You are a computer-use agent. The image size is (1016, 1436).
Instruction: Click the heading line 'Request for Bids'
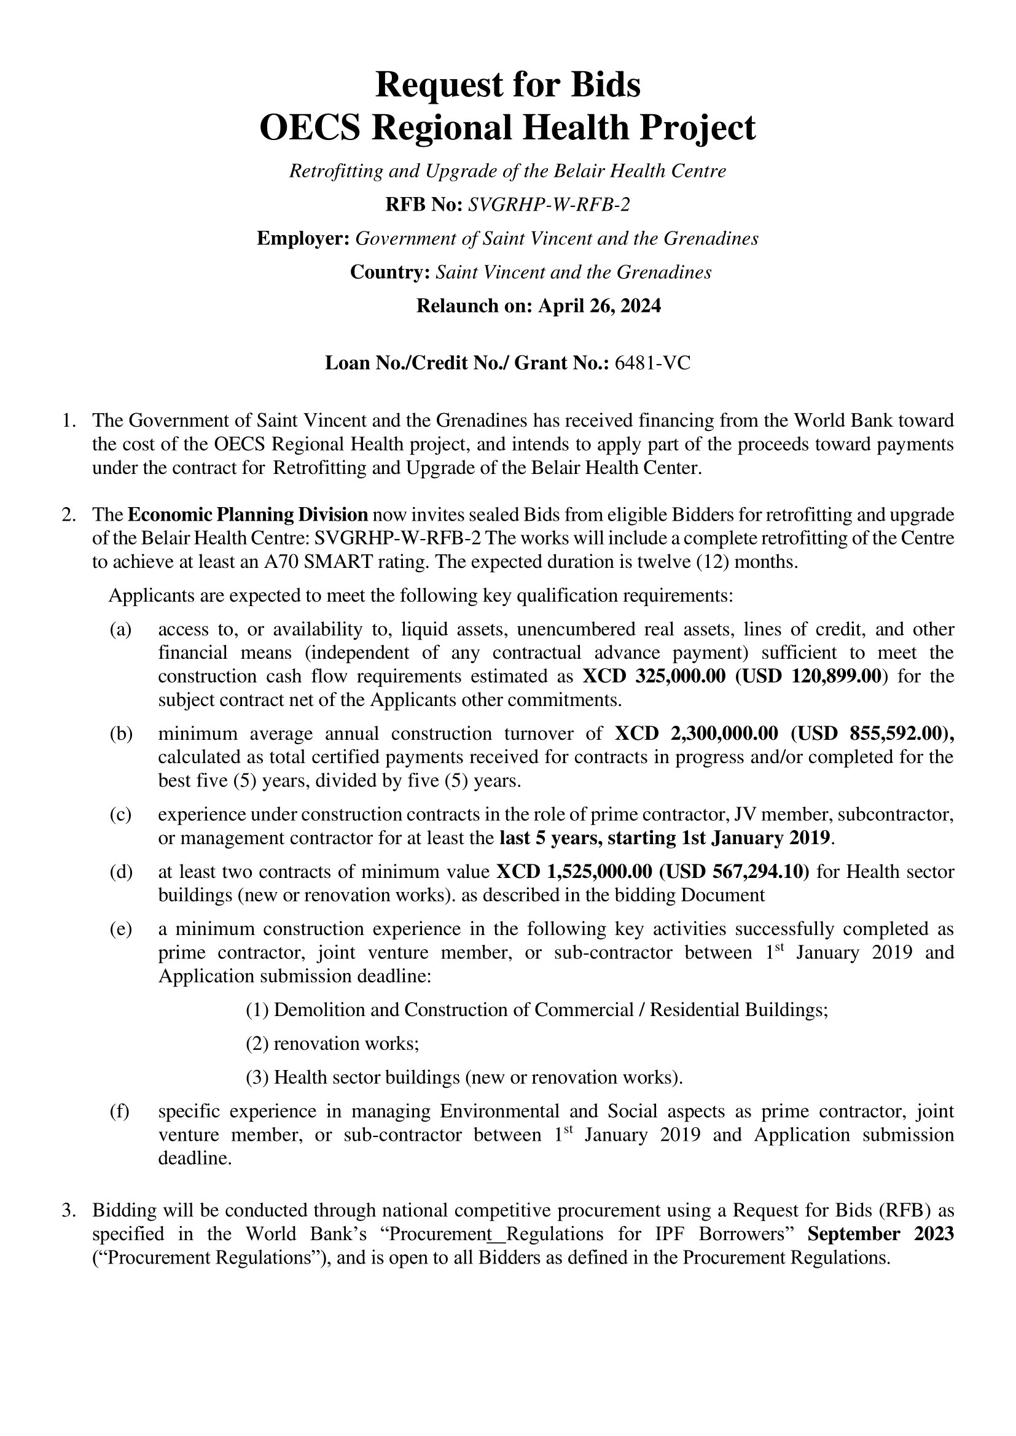507,85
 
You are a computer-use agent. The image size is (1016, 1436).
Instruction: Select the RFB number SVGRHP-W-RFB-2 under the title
549,204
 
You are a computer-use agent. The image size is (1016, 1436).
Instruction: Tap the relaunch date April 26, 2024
600,306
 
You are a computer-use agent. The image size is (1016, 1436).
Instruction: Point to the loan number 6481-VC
652,363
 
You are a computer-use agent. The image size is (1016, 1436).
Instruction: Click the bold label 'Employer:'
303,238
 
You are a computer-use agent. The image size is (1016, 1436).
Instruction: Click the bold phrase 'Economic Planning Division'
248,514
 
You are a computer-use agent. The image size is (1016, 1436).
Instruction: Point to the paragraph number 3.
68,1210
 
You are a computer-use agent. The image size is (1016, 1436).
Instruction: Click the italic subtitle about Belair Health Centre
507,171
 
